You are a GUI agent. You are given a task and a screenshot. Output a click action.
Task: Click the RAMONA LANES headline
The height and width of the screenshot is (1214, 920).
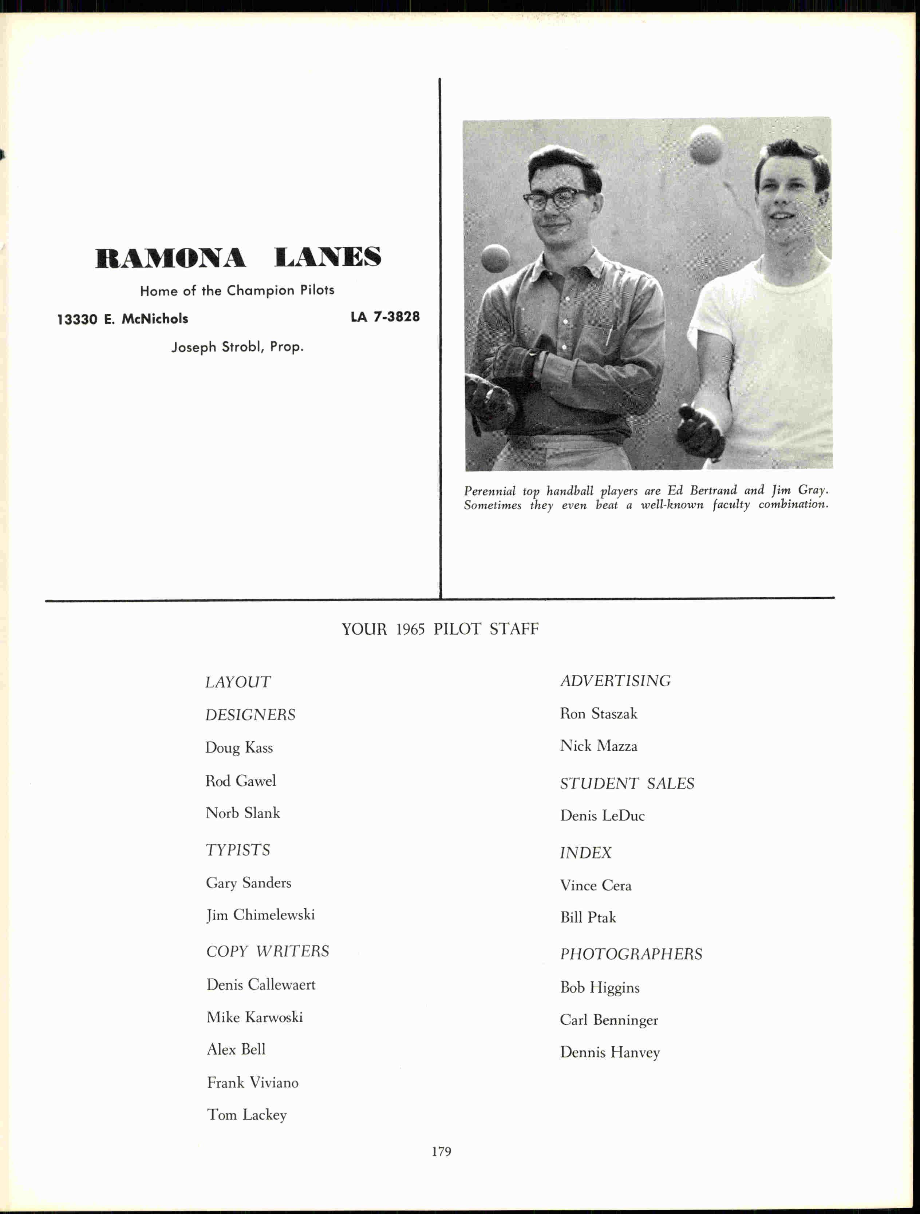click(238, 257)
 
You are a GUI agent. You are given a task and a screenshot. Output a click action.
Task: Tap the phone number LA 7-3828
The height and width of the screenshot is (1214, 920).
click(385, 317)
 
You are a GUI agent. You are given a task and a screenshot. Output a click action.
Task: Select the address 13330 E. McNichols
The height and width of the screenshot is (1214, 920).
click(122, 319)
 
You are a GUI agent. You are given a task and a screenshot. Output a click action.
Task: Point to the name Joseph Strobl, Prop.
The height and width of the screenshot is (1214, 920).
click(237, 347)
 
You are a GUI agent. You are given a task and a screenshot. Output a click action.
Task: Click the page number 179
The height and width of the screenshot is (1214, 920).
click(441, 1151)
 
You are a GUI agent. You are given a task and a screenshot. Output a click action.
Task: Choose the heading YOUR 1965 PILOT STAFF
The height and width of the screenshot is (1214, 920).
click(440, 629)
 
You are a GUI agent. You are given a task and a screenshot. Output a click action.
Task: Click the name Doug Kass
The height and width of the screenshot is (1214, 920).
click(239, 747)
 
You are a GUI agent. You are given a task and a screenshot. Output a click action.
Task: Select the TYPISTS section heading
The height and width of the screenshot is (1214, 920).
click(238, 850)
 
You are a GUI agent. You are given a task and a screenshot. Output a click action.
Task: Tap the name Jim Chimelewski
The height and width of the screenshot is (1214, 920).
click(260, 915)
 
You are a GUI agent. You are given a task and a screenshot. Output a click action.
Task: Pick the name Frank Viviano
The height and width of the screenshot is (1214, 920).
click(253, 1082)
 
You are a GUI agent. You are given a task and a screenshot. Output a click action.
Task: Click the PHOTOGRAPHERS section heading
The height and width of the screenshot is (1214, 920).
click(631, 954)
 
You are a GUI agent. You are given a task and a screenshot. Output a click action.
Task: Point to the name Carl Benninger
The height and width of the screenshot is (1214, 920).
click(609, 1020)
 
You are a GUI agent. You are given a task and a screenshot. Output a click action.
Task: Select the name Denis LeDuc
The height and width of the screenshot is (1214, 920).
click(602, 816)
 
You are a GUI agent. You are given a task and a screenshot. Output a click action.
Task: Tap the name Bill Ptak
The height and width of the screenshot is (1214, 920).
click(588, 917)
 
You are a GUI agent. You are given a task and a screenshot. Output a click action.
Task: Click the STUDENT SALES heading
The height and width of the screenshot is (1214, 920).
click(627, 783)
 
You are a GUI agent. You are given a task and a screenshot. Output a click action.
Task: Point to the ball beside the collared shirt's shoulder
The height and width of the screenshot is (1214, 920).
click(496, 258)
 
